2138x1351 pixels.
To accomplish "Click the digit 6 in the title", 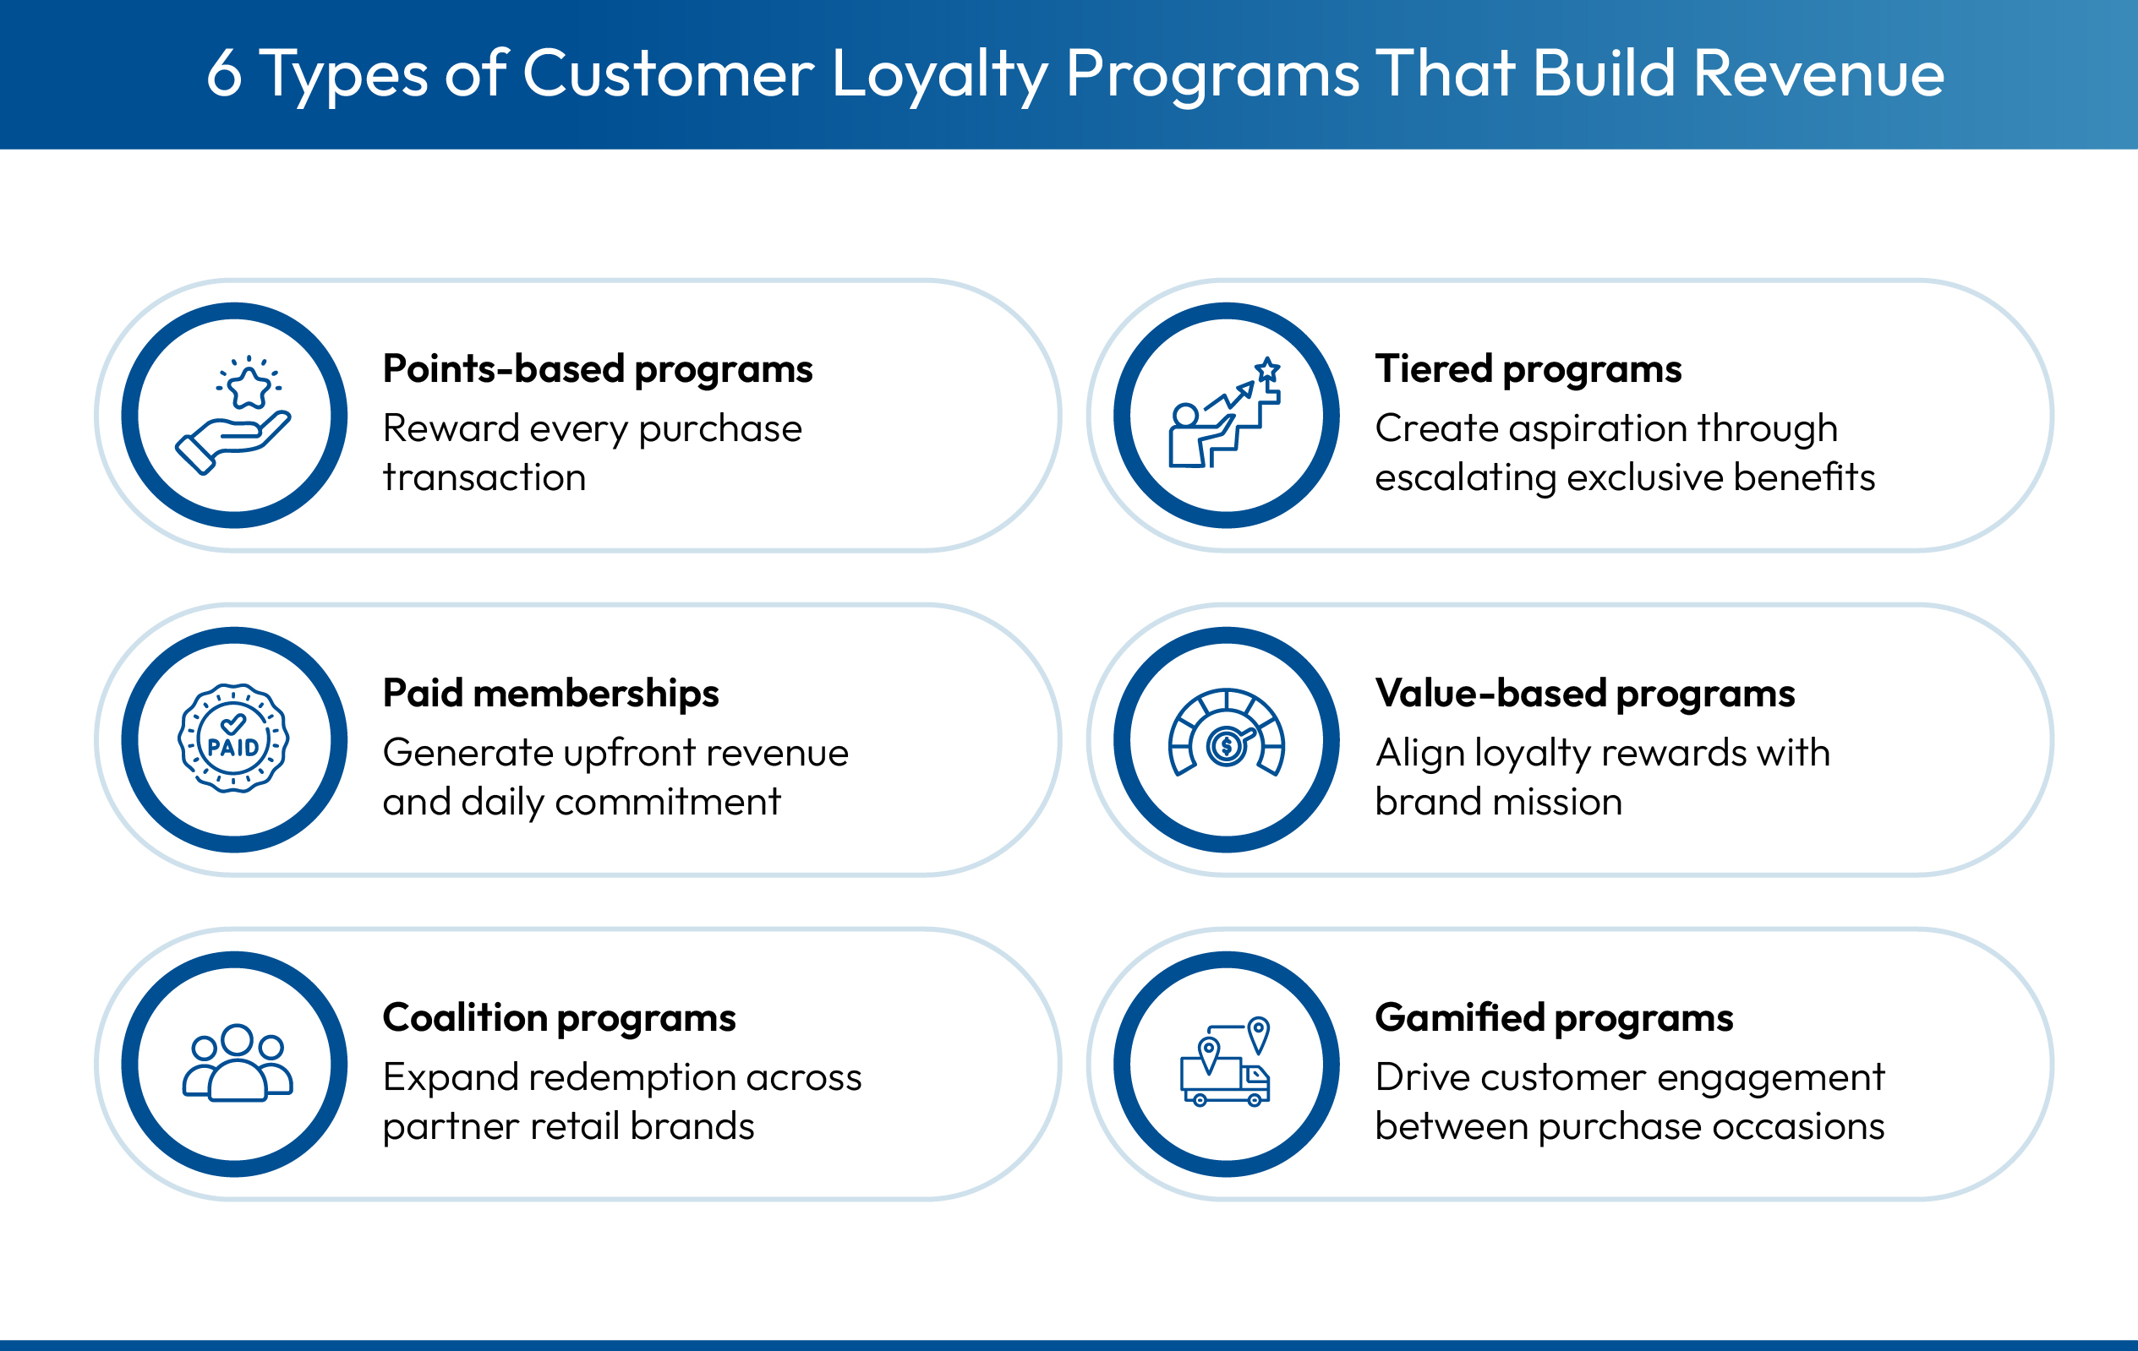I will pyautogui.click(x=224, y=74).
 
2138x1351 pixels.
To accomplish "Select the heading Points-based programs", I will pyautogui.click(x=597, y=369).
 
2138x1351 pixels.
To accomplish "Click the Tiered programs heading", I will pyautogui.click(x=1528, y=369).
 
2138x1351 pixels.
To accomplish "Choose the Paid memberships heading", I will pyautogui.click(x=550, y=694).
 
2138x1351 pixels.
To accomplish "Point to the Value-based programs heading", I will pyautogui.click(x=1585, y=694).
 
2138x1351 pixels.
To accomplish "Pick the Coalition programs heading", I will pyautogui.click(x=559, y=1018).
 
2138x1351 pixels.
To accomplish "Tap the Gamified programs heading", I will pyautogui.click(x=1554, y=1018).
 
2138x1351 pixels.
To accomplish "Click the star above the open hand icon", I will pyautogui.click(x=249, y=387).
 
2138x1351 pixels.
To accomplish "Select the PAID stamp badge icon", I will pyautogui.click(x=233, y=739).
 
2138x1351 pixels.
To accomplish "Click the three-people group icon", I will pyautogui.click(x=237, y=1064).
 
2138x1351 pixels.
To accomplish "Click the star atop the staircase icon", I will pyautogui.click(x=1267, y=368).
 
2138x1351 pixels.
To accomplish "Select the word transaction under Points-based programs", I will pyautogui.click(x=484, y=477).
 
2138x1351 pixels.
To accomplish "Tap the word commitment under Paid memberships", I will pyautogui.click(x=668, y=802).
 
